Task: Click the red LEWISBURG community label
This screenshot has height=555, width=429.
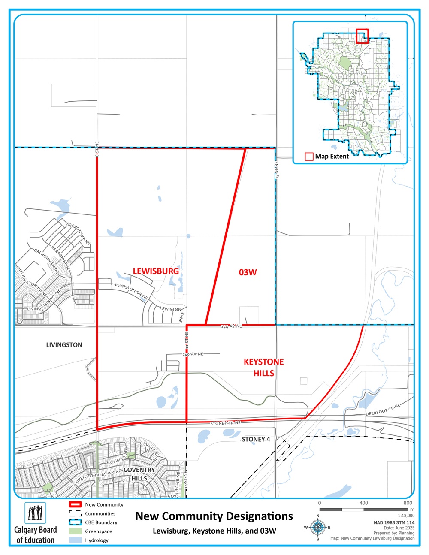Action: click(156, 271)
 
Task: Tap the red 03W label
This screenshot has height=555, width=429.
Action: click(248, 272)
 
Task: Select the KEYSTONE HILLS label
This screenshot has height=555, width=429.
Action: click(264, 368)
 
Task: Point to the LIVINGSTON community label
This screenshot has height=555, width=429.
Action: click(64, 345)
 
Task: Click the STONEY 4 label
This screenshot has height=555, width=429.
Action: click(256, 439)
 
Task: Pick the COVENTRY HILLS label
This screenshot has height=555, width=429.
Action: click(139, 474)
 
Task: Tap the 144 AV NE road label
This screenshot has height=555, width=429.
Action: click(231, 326)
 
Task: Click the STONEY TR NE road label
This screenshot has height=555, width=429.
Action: click(225, 423)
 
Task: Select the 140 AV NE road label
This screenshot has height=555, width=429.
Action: click(193, 354)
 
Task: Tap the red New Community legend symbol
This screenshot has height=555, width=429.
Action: click(75, 505)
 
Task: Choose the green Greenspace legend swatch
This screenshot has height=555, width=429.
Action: click(75, 531)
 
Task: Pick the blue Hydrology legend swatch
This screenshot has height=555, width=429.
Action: click(75, 540)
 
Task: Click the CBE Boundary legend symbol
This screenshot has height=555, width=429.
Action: click(75, 522)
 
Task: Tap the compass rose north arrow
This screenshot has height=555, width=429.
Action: click(318, 527)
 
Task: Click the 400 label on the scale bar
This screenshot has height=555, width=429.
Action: click(364, 503)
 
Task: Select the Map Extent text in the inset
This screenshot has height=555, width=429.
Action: click(332, 157)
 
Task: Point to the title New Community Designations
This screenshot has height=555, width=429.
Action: click(214, 516)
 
